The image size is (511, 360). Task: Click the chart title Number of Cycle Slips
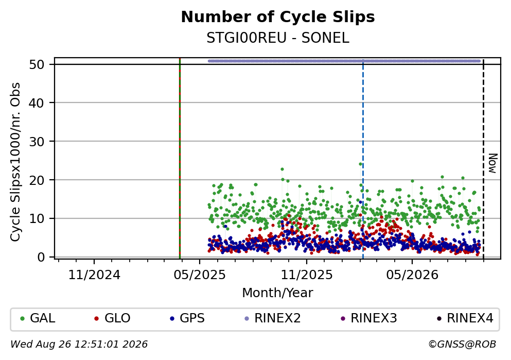point(278,17)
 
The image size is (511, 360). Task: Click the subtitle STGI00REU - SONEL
point(278,38)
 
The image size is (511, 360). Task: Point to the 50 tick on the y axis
point(37,64)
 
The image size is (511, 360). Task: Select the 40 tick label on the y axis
point(37,103)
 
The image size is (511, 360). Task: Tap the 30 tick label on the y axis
point(37,142)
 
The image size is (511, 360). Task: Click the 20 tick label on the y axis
point(37,180)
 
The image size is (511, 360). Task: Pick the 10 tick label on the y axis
point(37,218)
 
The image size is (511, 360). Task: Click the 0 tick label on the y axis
point(41,257)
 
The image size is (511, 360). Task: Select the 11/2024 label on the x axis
point(94,275)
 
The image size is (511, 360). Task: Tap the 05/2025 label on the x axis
point(200,275)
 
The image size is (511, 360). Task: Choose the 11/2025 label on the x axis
point(307,275)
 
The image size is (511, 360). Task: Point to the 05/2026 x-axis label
point(412,275)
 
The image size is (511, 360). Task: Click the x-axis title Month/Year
point(278,293)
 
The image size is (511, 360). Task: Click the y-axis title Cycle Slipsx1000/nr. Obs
point(15,162)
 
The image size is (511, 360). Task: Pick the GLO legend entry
point(112,318)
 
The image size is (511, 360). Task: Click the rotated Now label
point(493,163)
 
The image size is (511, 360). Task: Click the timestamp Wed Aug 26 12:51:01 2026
point(79,345)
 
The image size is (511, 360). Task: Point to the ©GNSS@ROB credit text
point(463,345)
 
